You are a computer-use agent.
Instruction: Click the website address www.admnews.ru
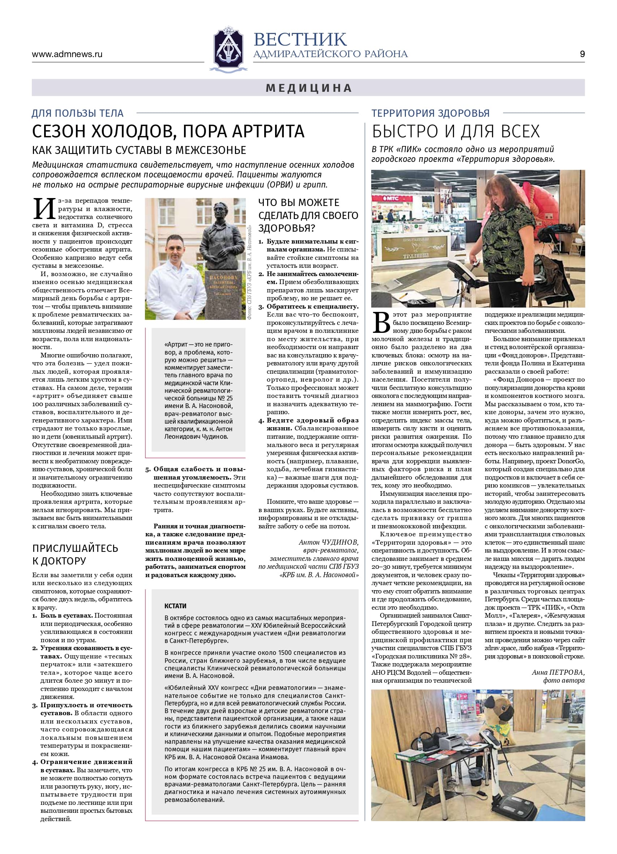pyautogui.click(x=67, y=54)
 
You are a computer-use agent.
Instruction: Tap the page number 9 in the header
pyautogui.click(x=582, y=54)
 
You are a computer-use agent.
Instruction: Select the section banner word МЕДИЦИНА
pyautogui.click(x=309, y=88)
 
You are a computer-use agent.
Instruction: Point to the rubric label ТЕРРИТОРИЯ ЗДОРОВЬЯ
pyautogui.click(x=430, y=113)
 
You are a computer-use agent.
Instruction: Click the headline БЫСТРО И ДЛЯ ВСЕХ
pyautogui.click(x=456, y=132)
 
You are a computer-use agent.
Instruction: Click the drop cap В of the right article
pyautogui.click(x=381, y=322)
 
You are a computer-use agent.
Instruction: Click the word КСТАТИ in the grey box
pyautogui.click(x=175, y=605)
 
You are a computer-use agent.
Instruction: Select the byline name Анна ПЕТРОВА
pyautogui.click(x=558, y=672)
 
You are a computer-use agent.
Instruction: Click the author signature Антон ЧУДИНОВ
pyautogui.click(x=328, y=542)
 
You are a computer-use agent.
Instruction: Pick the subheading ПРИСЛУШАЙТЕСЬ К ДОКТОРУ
pyautogui.click(x=75, y=554)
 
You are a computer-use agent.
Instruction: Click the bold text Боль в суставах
pyautogui.click(x=66, y=615)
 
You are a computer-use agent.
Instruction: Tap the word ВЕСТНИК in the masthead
pyautogui.click(x=300, y=39)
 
